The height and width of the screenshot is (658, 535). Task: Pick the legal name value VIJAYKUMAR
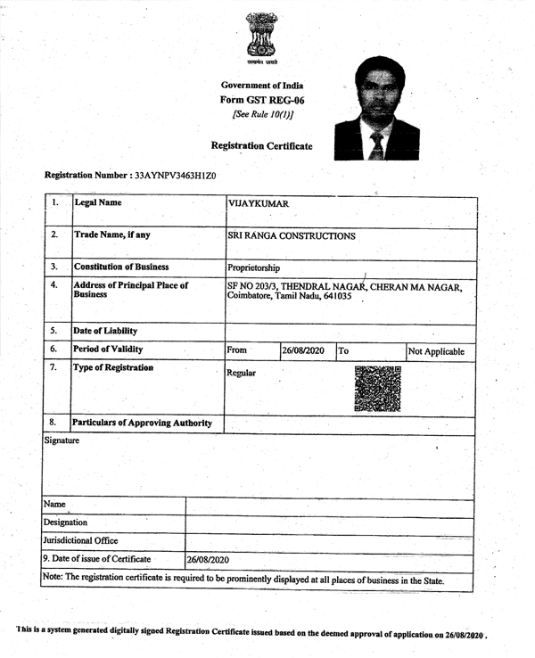259,205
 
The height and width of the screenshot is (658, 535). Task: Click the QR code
377,388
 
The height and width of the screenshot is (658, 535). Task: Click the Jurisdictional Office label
87,541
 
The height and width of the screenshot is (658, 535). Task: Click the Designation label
70,522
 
